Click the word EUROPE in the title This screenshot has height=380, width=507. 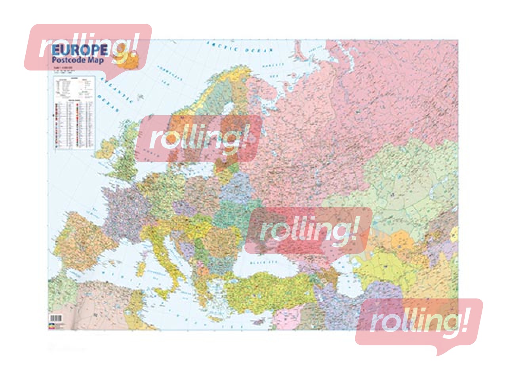point(79,50)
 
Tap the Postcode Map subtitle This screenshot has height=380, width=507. point(78,60)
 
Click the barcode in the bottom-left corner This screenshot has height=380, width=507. point(56,318)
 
